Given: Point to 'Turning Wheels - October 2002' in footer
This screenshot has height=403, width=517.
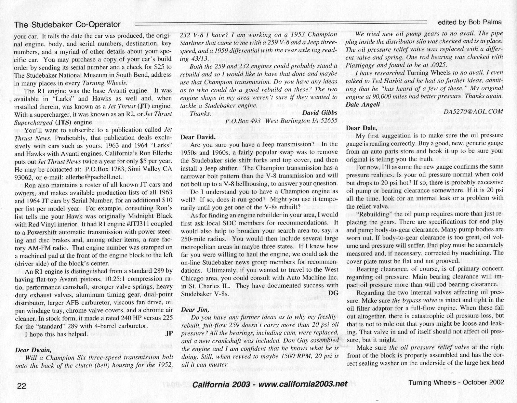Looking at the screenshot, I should click(456, 382).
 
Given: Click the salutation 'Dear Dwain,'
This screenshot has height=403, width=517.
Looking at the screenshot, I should click(33, 350).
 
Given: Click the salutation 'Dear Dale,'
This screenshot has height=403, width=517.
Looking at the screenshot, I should click(361, 127).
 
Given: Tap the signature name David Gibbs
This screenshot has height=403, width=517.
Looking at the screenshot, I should click(320, 113).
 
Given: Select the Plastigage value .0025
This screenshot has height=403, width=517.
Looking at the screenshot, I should click(437, 64).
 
